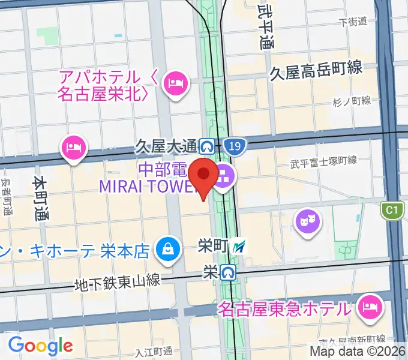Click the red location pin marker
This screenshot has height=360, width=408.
tap(204, 175)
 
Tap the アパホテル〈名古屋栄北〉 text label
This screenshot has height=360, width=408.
tap(108, 85)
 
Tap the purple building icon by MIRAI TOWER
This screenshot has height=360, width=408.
tap(224, 176)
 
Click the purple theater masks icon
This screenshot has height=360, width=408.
tap(308, 220)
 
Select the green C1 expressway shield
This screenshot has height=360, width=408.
tap(392, 210)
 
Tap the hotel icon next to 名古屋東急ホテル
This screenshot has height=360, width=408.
tap(370, 308)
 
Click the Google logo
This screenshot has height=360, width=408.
tap(40, 345)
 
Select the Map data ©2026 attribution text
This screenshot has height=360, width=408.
tap(358, 351)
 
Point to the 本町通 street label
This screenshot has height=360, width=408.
tap(40, 199)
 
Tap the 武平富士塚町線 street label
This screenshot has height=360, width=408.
tap(323, 161)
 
